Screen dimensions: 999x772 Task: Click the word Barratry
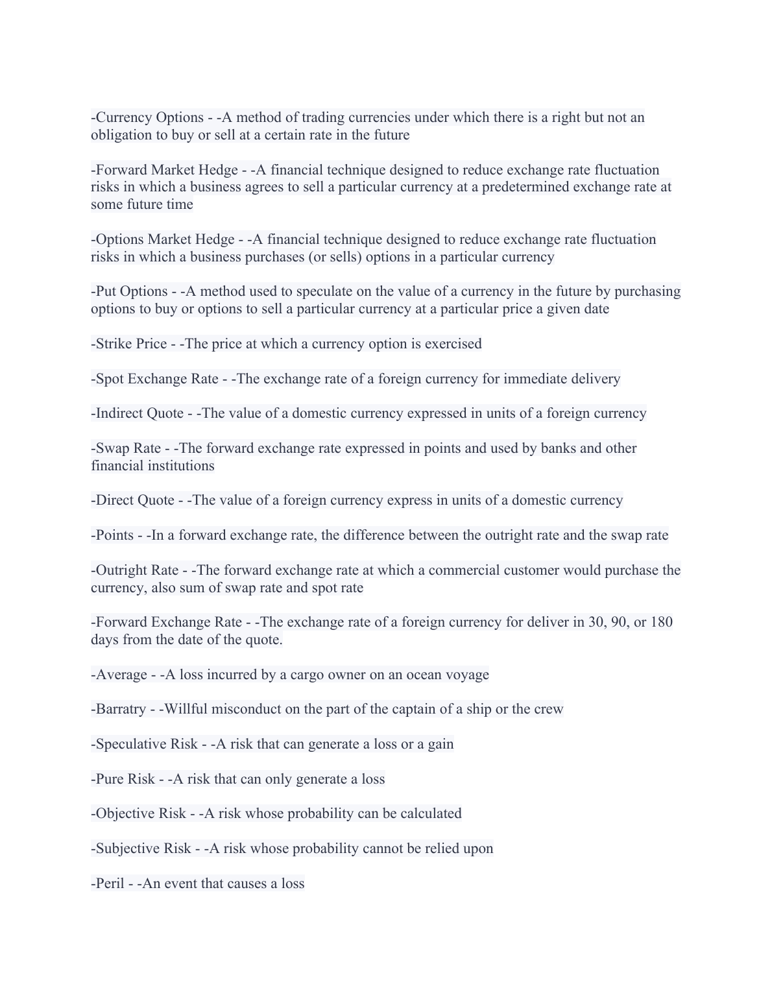[121, 709]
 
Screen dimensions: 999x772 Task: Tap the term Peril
[110, 884]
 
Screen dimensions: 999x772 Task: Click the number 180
[661, 622]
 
